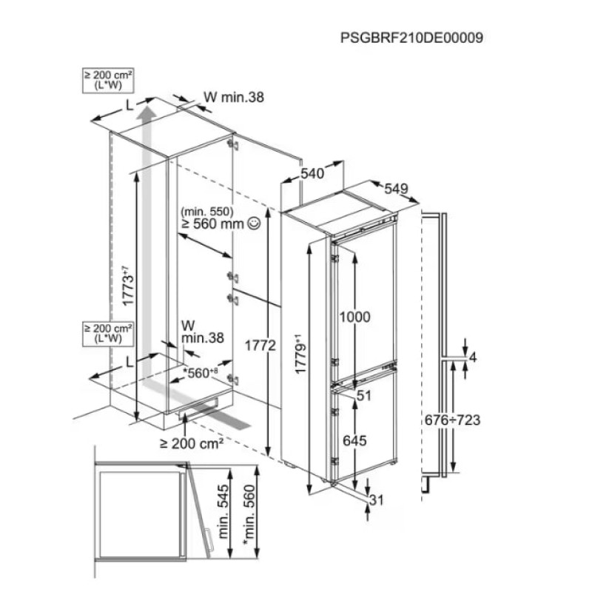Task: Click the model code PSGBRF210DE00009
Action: click(x=411, y=38)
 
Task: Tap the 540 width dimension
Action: click(x=312, y=173)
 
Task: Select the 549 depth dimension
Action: click(x=396, y=189)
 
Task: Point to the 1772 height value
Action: click(x=260, y=345)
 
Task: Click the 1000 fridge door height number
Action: click(x=354, y=317)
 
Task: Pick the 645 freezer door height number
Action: click(x=354, y=440)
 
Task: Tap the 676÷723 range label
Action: click(x=452, y=420)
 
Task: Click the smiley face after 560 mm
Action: click(x=254, y=223)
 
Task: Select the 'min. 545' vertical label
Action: click(x=223, y=511)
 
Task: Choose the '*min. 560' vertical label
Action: click(x=249, y=515)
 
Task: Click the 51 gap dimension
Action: click(x=364, y=396)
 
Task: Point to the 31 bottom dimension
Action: click(x=376, y=500)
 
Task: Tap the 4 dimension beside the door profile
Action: click(x=472, y=357)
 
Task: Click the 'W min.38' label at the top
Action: click(x=234, y=98)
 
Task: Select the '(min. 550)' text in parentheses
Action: click(x=207, y=211)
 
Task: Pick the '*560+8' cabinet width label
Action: click(x=201, y=373)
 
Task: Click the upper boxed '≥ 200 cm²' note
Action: click(x=108, y=80)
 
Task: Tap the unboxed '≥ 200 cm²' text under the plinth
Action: click(x=192, y=443)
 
